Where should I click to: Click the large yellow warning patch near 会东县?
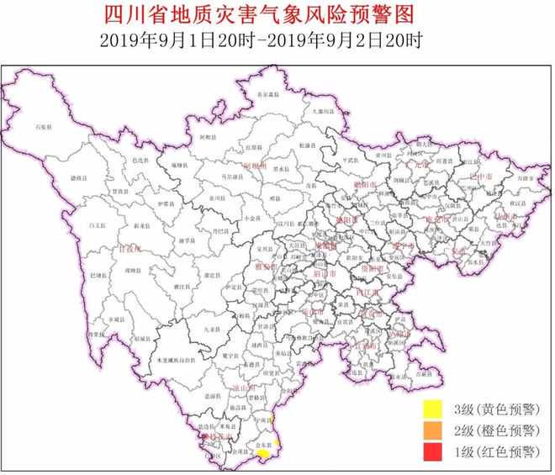coord(263,453)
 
